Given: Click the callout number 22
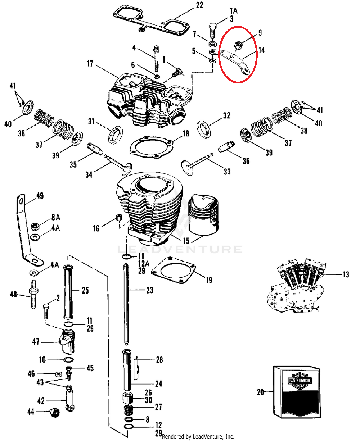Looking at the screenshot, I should coord(199,5).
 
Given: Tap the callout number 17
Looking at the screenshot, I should coord(90,65).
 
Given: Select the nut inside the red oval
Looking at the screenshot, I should coord(237,45).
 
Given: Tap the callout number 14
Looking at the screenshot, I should coord(261,50).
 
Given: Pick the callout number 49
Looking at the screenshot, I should coord(40,196).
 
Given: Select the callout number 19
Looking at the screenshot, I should coord(208,280).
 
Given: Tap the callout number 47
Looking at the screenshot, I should coord(36,342).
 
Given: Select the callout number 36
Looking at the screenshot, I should coord(246,161).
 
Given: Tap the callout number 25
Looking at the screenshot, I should coord(85,290).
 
